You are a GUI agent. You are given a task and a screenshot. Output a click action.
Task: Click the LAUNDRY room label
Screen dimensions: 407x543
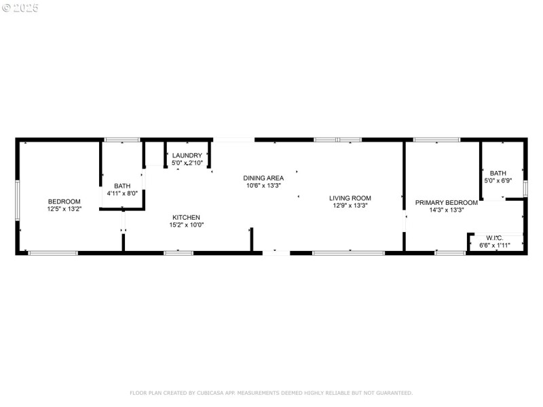[187, 155]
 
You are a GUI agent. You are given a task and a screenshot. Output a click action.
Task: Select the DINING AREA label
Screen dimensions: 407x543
[263, 178]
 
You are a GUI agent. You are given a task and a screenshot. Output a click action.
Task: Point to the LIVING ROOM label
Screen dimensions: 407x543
[350, 198]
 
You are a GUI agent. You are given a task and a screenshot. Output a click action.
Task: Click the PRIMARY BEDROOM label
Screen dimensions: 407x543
[441, 202]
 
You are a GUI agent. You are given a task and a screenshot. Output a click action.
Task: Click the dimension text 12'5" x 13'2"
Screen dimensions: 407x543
[64, 209]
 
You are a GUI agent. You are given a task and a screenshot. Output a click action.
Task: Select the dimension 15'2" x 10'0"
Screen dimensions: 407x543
[187, 225]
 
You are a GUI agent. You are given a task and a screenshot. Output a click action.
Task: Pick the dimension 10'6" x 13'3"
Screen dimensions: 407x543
[263, 185]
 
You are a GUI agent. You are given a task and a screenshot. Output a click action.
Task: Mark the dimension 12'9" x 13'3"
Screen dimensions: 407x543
[350, 206]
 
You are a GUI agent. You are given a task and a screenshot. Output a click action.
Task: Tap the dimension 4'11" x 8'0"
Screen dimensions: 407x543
[122, 193]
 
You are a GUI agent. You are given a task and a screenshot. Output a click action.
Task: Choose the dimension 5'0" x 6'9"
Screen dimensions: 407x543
[498, 180]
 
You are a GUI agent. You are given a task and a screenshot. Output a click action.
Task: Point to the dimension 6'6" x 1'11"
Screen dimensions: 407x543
[494, 245]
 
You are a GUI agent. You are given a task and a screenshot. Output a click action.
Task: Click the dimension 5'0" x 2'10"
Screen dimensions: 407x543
[187, 163]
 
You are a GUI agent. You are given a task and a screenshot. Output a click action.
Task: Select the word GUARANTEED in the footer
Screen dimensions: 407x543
[392, 393]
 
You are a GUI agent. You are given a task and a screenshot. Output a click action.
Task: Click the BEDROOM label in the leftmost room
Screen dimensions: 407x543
[64, 201]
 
